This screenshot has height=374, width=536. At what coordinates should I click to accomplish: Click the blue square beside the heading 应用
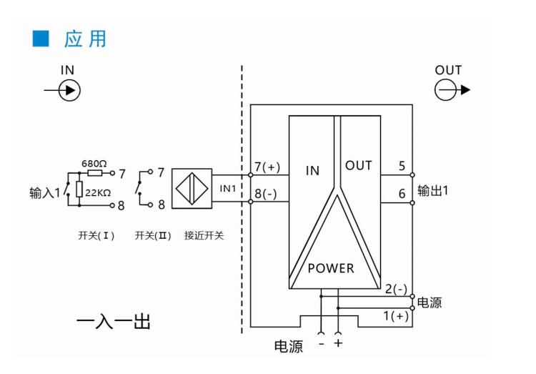40,39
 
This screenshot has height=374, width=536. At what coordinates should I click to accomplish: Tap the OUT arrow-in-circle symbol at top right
447,90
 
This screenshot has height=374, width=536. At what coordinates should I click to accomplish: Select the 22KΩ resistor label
98,193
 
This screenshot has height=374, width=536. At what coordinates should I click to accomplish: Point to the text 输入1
44,193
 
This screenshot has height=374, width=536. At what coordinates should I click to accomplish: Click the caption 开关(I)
96,235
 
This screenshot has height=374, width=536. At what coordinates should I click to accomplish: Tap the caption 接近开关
204,235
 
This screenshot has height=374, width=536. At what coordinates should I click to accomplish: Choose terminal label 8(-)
267,195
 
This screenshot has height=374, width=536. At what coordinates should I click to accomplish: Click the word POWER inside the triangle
331,269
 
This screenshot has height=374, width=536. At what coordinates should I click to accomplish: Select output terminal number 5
402,166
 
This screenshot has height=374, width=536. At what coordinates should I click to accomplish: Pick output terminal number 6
402,193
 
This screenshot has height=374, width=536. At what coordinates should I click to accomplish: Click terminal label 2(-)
396,289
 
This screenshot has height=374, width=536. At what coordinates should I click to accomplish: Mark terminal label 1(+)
396,316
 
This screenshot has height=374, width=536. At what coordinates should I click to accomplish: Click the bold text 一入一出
114,322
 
